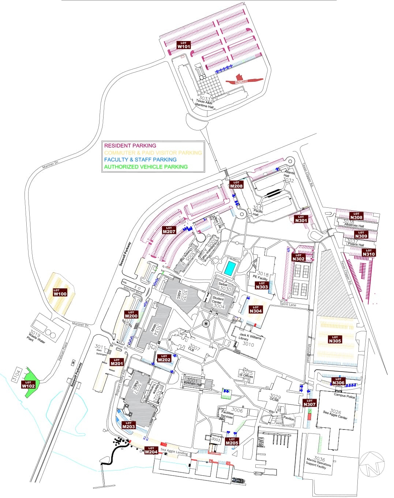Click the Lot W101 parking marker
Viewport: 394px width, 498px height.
point(183,45)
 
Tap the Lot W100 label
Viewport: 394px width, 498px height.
point(60,292)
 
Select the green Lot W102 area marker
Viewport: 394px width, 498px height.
point(28,385)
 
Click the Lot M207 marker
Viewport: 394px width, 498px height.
point(169,230)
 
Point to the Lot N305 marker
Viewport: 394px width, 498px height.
point(335,339)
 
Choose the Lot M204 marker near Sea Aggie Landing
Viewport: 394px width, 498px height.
point(151,450)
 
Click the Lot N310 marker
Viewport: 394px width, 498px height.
point(368,253)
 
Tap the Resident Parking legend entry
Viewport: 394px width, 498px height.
point(130,146)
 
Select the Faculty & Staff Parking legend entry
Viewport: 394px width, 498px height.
point(140,160)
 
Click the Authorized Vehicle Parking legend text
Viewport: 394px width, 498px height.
point(146,167)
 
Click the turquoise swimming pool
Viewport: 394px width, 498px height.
point(230,268)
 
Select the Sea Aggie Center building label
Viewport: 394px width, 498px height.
point(335,414)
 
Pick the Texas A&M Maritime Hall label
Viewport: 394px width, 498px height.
point(204,103)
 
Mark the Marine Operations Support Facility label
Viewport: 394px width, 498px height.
point(318,462)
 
